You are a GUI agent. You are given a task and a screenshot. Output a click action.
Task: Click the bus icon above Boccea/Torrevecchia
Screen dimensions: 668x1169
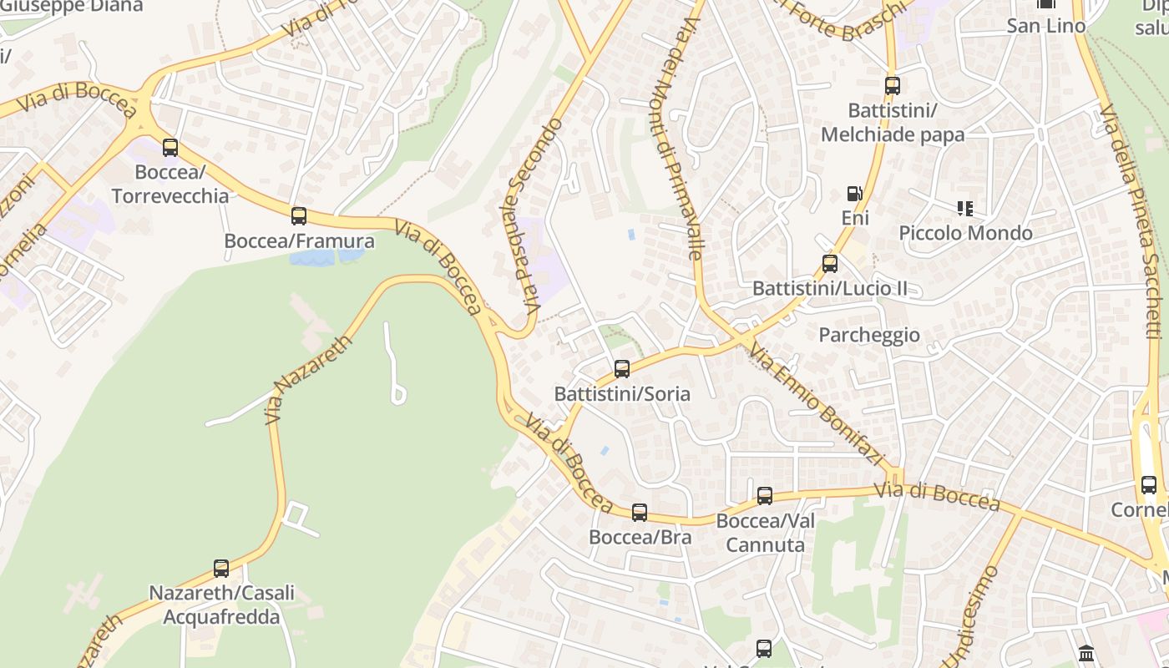pyautogui.click(x=170, y=148)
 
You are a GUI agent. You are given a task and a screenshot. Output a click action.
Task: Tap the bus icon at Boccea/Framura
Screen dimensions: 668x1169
pyautogui.click(x=299, y=216)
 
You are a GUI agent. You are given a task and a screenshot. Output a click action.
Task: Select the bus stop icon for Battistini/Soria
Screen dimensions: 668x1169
pyautogui.click(x=622, y=368)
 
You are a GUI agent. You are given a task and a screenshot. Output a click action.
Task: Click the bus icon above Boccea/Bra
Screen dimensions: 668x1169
pyautogui.click(x=640, y=512)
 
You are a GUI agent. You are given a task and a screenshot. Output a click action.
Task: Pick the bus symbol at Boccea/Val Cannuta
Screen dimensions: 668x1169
pyautogui.click(x=765, y=496)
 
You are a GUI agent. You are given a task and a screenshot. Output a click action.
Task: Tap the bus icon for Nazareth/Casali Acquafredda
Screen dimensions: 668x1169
pyautogui.click(x=221, y=568)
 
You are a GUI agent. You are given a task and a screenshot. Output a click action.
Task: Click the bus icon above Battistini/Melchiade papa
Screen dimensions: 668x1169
pyautogui.click(x=893, y=85)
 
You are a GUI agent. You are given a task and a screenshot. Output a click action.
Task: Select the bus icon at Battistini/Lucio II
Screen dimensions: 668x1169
pyautogui.click(x=830, y=264)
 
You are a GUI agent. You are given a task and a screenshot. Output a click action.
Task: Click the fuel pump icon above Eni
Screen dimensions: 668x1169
pyautogui.click(x=854, y=194)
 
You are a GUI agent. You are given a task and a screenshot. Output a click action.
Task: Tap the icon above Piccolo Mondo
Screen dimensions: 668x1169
pyautogui.click(x=965, y=208)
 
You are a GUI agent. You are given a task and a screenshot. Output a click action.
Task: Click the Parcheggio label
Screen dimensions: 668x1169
pyautogui.click(x=869, y=335)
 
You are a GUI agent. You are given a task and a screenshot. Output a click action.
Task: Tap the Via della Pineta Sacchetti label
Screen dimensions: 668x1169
pyautogui.click(x=1131, y=221)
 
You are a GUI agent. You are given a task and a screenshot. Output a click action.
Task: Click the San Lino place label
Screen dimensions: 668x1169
pyautogui.click(x=1046, y=26)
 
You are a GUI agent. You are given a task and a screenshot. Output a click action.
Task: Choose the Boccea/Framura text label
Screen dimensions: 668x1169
pyautogui.click(x=300, y=241)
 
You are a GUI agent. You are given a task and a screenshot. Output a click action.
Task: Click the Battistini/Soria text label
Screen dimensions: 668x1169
pyautogui.click(x=622, y=393)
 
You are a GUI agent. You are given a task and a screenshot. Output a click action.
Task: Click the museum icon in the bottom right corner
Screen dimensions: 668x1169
pyautogui.click(x=1086, y=653)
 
